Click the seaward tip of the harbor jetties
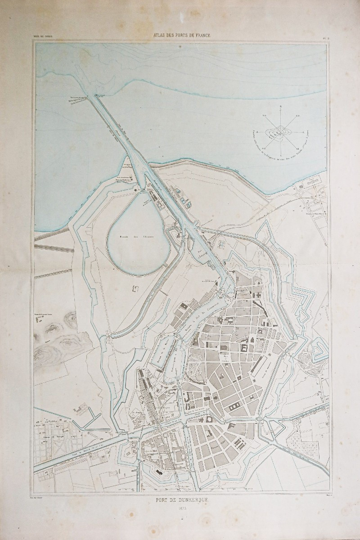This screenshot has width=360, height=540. click(95, 95)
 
